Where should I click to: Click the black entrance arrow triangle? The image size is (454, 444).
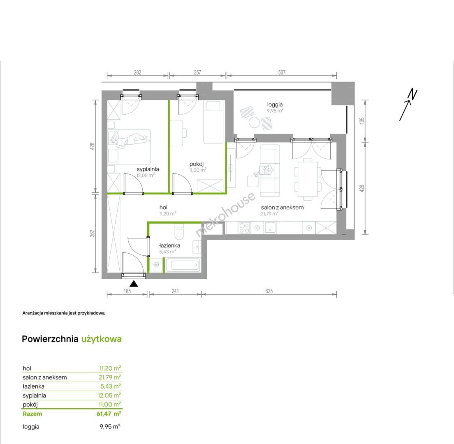pyautogui.click(x=134, y=284)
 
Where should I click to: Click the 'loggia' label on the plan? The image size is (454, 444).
pyautogui.click(x=275, y=104)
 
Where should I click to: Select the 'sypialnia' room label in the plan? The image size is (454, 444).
pyautogui.click(x=148, y=169)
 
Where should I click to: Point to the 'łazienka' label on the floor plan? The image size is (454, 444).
pyautogui.click(x=170, y=245)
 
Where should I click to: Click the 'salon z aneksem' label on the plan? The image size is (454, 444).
pyautogui.click(x=282, y=207)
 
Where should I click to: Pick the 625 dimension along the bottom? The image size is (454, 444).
pyautogui.click(x=269, y=291)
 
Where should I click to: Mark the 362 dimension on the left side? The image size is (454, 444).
pyautogui.click(x=92, y=234)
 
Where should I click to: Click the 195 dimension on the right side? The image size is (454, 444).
pyautogui.click(x=361, y=121)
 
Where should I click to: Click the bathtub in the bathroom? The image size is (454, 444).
pyautogui.click(x=182, y=264)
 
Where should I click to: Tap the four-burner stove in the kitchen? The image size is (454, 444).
pyautogui.click(x=244, y=228)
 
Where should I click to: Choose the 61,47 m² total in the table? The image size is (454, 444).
pyautogui.click(x=109, y=414)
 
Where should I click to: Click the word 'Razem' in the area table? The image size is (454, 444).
pyautogui.click(x=32, y=414)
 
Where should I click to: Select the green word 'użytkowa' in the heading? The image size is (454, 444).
pyautogui.click(x=101, y=339)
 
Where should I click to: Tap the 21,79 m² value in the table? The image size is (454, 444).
pyautogui.click(x=110, y=377)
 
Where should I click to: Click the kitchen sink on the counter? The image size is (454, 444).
pyautogui.click(x=270, y=228)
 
